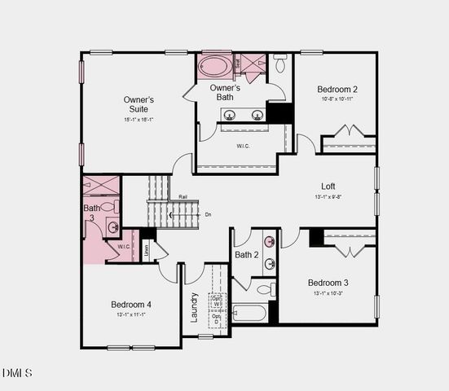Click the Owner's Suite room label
pos(139,104)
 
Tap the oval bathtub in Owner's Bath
pos(215,65)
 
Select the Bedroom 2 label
pos(337,89)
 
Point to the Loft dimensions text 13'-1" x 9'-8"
pos(328,196)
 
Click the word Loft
pos(328,186)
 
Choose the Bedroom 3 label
pos(328,283)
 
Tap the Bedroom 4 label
pos(131,305)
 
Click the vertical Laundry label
pos(195,307)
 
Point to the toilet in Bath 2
pos(265,289)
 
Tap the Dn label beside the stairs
pos(208,214)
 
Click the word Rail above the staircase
pos(183,196)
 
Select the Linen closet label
pos(147,249)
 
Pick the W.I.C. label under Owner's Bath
pos(243,147)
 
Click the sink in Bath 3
pos(112,227)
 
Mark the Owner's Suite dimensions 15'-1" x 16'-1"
pos(139,120)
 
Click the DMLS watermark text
pos(17,373)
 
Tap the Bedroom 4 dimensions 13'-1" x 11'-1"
pos(131,315)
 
